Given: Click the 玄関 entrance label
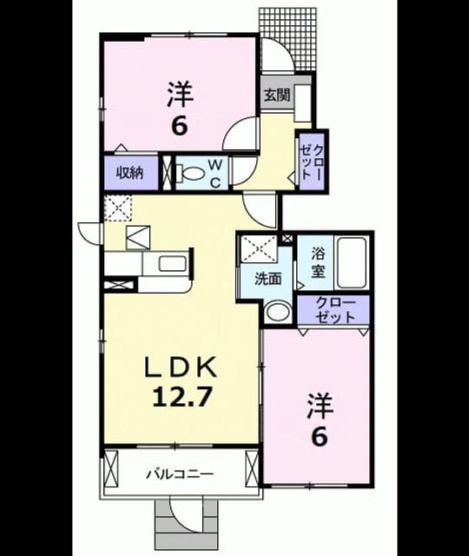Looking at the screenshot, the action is pyautogui.click(x=277, y=95).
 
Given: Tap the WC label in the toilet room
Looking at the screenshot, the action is pyautogui.click(x=215, y=174).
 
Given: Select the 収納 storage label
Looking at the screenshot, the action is pyautogui.click(x=130, y=174).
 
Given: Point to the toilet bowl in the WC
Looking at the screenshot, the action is pyautogui.click(x=191, y=174).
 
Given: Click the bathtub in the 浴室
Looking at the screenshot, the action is pyautogui.click(x=351, y=262).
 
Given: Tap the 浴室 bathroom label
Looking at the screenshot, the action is pyautogui.click(x=318, y=262).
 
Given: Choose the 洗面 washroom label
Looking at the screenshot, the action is pyautogui.click(x=268, y=280).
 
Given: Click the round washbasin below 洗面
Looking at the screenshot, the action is pyautogui.click(x=278, y=311).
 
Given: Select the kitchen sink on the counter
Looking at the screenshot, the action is pyautogui.click(x=172, y=263).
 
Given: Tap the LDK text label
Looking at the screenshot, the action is pyautogui.click(x=180, y=368).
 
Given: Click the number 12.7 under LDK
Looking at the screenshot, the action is pyautogui.click(x=182, y=397).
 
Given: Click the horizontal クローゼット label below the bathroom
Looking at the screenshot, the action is pyautogui.click(x=335, y=309).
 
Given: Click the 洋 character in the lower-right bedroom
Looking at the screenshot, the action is pyautogui.click(x=320, y=406).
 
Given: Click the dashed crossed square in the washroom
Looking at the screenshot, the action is pyautogui.click(x=259, y=248).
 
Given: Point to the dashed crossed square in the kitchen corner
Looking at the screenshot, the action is pyautogui.click(x=118, y=208).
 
